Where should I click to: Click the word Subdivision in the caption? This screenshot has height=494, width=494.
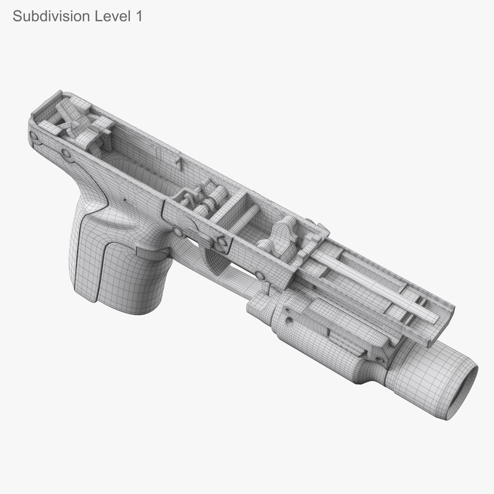tap(51, 16)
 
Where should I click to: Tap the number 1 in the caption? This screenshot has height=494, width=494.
tap(138, 16)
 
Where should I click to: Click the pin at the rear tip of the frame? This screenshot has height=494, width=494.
tap(34, 136)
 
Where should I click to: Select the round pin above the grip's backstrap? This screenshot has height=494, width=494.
tap(67, 154)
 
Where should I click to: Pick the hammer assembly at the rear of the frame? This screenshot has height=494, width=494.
tap(82, 123)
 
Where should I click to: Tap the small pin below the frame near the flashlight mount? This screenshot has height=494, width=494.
tap(261, 276)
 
